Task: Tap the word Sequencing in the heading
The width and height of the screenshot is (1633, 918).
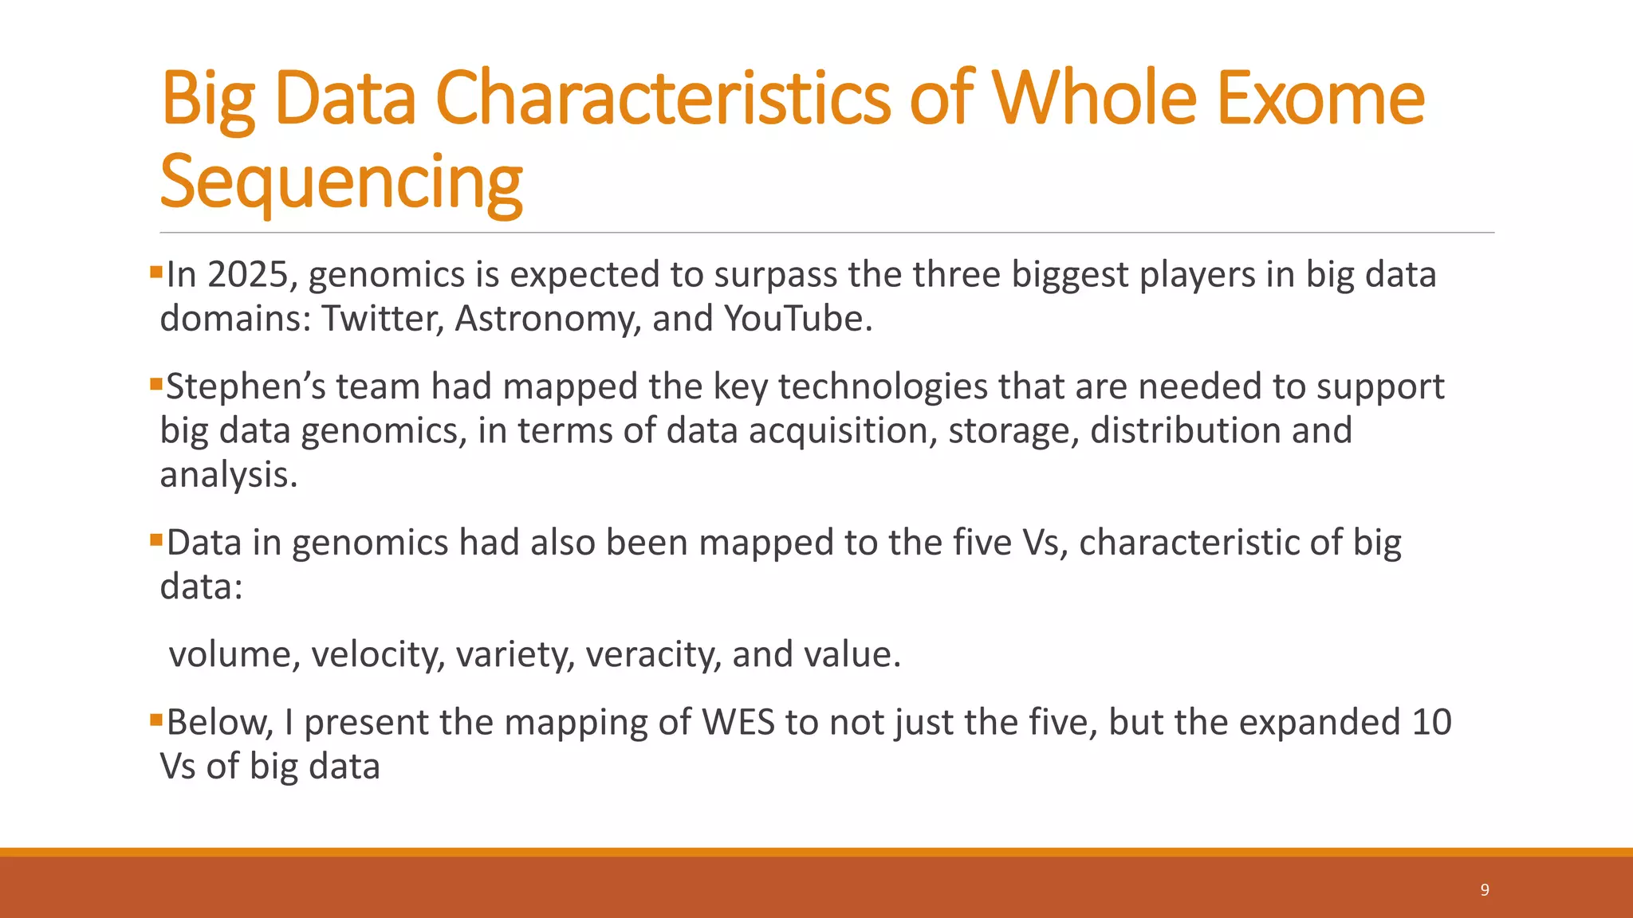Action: click(x=341, y=183)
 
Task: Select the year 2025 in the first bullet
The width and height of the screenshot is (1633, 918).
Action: click(x=247, y=275)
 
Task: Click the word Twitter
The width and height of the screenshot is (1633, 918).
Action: click(x=382, y=319)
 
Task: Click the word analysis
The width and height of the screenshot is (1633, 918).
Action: click(x=228, y=475)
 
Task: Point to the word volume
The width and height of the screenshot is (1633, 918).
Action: click(x=234, y=655)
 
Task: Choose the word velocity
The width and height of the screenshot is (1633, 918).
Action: click(x=377, y=655)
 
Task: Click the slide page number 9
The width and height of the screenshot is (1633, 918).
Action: click(x=1485, y=890)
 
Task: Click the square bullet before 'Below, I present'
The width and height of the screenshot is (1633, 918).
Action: click(x=155, y=721)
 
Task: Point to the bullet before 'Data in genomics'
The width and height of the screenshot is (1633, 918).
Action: click(x=155, y=541)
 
